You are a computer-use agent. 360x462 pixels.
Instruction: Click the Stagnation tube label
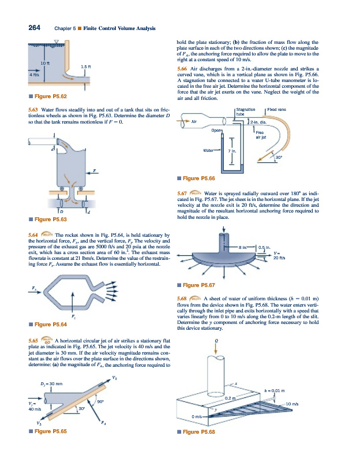pos(246,111)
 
